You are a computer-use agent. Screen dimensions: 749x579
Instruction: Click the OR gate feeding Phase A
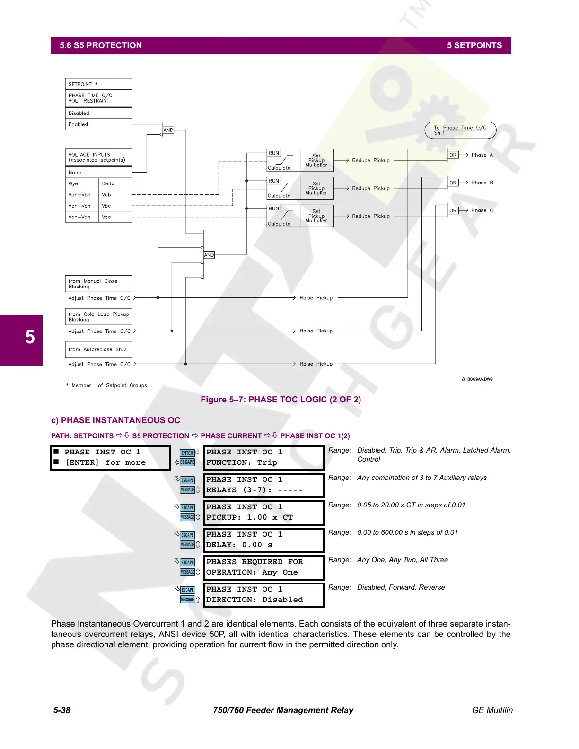click(453, 155)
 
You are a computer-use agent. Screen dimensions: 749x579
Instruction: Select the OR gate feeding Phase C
click(453, 210)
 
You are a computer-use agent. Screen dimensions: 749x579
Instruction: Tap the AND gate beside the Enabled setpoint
click(168, 130)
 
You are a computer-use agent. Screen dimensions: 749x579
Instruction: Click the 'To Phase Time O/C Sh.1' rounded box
click(460, 130)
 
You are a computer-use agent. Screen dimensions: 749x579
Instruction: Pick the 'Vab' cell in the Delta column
click(115, 195)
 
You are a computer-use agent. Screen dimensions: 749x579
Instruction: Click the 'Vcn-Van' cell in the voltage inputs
click(82, 217)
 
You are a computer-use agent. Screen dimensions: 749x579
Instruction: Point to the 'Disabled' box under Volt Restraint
click(98, 113)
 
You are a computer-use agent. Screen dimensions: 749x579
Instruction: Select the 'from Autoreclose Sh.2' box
click(98, 350)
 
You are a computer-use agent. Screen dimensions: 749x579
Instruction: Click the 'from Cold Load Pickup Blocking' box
click(98, 317)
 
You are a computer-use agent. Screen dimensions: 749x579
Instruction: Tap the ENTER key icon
click(187, 453)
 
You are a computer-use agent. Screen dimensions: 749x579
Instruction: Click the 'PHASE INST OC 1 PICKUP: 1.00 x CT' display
click(263, 513)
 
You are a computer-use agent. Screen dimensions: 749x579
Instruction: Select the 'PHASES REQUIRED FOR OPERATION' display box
click(263, 567)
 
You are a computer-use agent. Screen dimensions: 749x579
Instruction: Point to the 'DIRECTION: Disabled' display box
click(263, 595)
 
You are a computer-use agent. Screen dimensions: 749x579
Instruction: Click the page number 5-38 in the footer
click(61, 710)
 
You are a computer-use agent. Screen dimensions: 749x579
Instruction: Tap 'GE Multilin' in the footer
click(492, 710)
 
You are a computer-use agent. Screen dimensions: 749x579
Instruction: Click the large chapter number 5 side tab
click(29, 338)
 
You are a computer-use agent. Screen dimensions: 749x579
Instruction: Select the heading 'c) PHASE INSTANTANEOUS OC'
click(115, 420)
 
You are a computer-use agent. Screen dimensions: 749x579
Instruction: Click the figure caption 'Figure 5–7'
click(281, 400)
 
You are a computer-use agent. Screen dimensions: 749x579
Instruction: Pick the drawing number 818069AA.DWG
click(477, 379)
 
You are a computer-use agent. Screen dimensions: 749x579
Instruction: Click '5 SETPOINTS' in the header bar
click(474, 45)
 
